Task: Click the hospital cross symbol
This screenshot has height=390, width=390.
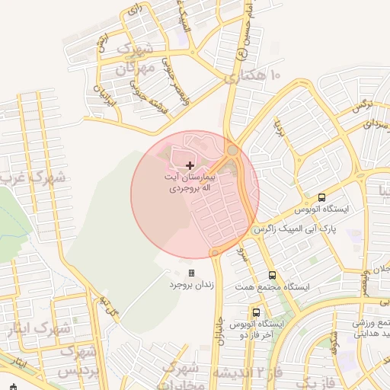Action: coord(190,165)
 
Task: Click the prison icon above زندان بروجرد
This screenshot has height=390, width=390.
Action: coord(191,273)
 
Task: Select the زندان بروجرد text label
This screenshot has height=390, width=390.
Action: coord(188,285)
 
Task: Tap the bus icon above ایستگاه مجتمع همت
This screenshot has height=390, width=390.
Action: coord(272,276)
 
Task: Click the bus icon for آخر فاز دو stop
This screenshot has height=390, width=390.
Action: coord(255,312)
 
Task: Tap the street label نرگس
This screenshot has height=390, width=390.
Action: coord(361,106)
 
